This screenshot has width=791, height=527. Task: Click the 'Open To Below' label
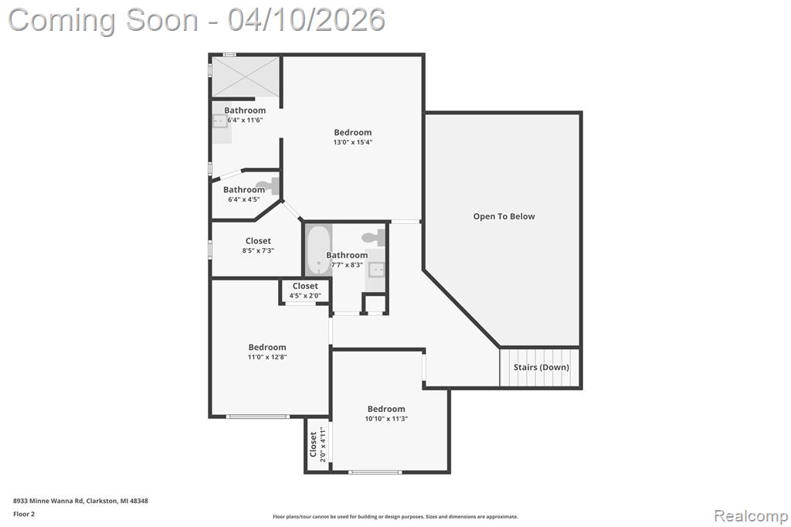coord(504,216)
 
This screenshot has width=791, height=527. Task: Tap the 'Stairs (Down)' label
coord(541,367)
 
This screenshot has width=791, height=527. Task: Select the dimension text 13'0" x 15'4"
coord(352,142)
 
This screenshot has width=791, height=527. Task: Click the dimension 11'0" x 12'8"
coord(267,357)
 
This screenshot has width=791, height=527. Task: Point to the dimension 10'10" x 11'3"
coord(386,419)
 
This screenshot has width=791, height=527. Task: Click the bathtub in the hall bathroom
coord(318,249)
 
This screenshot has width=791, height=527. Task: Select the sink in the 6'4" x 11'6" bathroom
coord(220,121)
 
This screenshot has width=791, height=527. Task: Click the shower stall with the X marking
coord(245,76)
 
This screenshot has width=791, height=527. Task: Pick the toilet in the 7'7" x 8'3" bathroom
coord(374,237)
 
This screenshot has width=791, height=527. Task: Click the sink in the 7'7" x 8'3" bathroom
coord(376,270)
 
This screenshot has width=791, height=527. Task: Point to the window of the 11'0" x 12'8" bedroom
coord(258,416)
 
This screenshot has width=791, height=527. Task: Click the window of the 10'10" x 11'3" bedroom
coord(375,472)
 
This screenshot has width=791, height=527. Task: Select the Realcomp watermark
coord(751,516)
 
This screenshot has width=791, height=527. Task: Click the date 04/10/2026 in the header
coord(306,20)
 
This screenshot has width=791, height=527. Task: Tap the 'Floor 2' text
coord(24,515)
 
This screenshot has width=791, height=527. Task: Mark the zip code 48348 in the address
coord(139,501)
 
